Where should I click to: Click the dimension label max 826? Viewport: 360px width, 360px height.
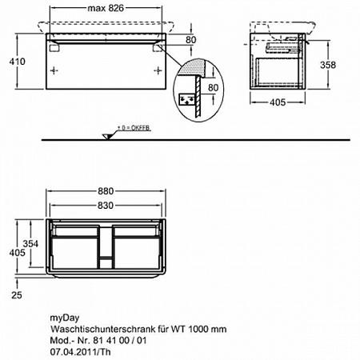[x=106, y=8]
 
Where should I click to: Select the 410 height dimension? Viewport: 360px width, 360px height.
[x=18, y=62]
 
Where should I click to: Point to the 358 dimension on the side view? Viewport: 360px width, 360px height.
[x=328, y=65]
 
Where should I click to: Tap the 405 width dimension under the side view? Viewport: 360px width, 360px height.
[x=278, y=102]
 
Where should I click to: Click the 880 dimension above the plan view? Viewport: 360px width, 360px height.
[x=106, y=191]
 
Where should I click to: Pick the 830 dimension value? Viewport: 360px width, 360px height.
[x=106, y=206]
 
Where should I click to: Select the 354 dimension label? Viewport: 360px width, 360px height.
[x=30, y=244]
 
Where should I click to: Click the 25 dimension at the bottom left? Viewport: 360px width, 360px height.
[x=17, y=295]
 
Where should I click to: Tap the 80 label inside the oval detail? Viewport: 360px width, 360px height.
[x=213, y=88]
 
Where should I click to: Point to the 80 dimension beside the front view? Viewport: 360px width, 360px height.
[x=191, y=40]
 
